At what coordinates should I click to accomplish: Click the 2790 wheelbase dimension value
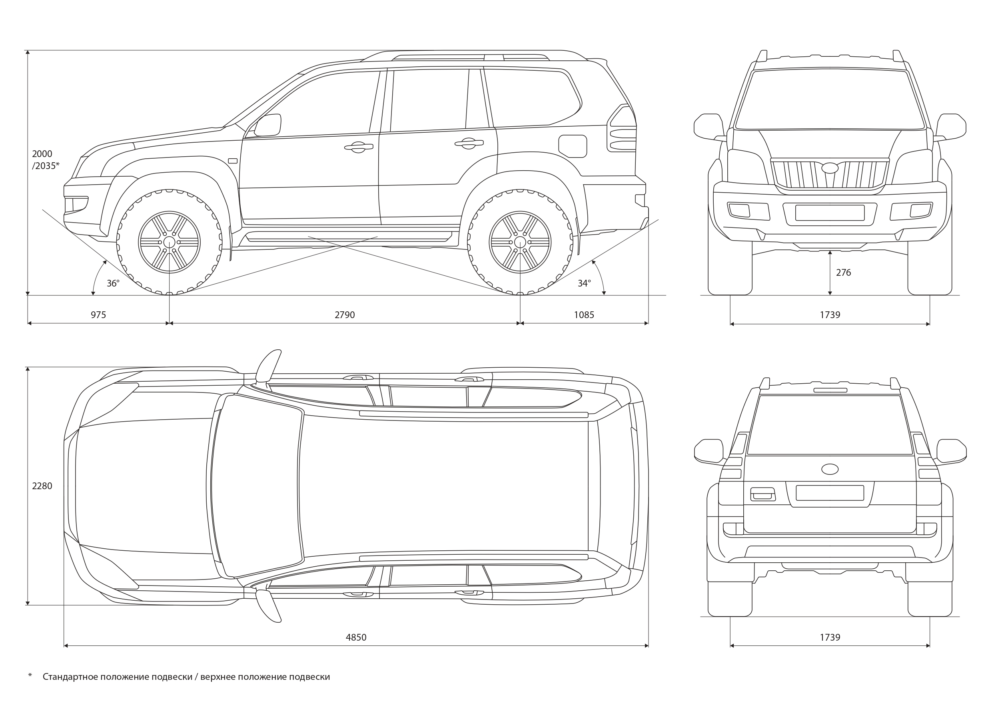point(344,315)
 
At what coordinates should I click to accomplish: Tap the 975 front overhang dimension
point(98,315)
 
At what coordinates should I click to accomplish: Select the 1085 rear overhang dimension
point(584,315)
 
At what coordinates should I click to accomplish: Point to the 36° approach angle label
point(113,283)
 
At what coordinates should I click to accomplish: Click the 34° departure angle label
point(584,283)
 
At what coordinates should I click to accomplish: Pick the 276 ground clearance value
point(843,273)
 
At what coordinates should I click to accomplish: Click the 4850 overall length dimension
point(356,637)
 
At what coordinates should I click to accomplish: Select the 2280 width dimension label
point(42,486)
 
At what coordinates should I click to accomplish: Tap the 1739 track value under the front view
point(830,315)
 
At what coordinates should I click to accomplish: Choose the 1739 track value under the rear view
point(830,637)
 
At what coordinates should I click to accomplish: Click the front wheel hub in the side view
point(169,242)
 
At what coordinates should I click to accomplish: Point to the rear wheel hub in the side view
point(520,242)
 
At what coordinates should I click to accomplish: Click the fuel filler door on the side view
point(573,146)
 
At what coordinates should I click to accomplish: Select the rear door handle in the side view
point(468,144)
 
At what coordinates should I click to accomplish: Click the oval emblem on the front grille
point(830,168)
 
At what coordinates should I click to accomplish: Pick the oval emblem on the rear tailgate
point(830,469)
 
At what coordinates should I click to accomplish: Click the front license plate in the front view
point(830,213)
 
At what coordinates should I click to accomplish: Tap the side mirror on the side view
point(268,125)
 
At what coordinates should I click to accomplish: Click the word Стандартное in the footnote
point(70,677)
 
